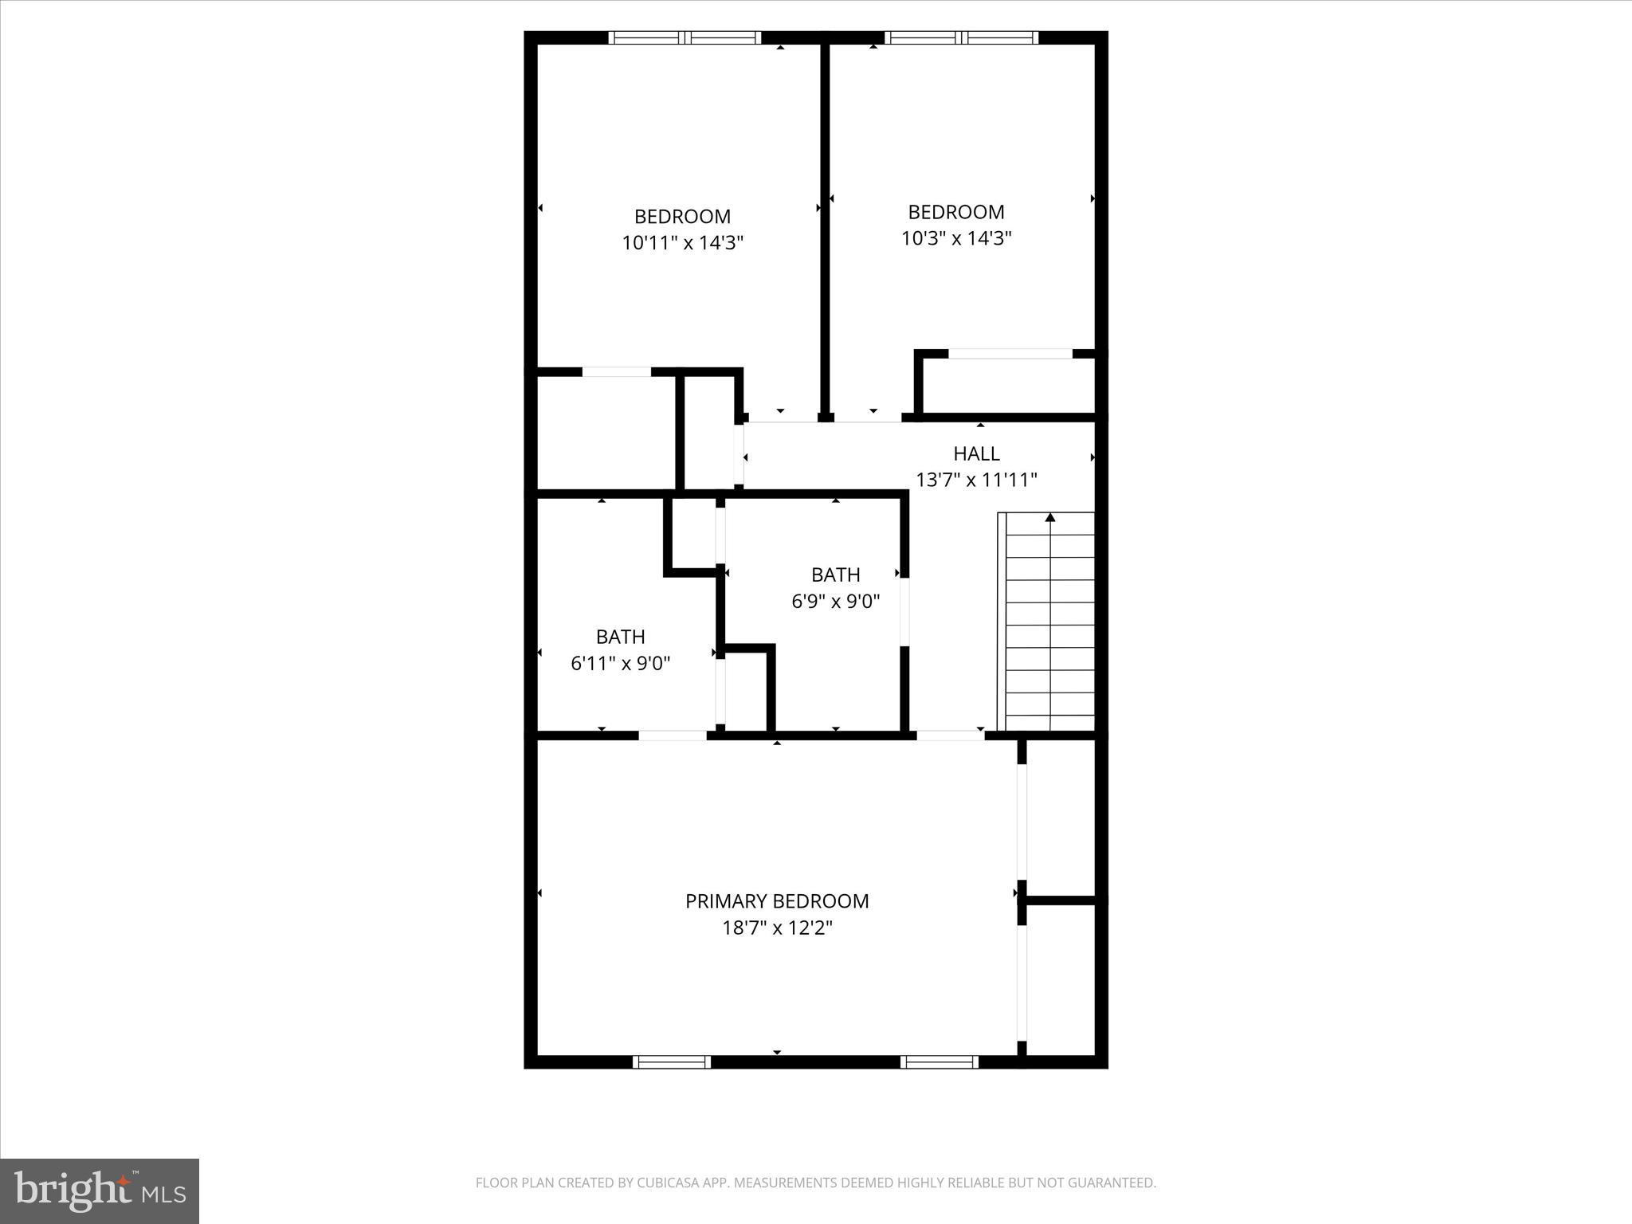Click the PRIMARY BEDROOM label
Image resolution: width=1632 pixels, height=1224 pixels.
tap(777, 901)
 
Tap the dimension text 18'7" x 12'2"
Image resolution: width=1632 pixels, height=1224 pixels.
tap(777, 928)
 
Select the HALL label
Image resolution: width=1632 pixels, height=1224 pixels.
tap(976, 453)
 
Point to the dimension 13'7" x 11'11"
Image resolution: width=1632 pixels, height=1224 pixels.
tap(976, 481)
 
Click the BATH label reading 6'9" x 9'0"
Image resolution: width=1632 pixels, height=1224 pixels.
tap(835, 575)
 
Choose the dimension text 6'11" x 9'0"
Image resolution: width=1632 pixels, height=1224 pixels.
tap(620, 664)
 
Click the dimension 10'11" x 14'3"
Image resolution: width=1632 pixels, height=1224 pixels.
tap(682, 243)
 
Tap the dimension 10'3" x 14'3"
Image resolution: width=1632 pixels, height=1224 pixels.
tap(956, 238)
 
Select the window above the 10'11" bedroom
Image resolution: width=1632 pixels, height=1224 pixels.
tap(685, 37)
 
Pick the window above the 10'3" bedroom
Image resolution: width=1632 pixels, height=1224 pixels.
tap(962, 37)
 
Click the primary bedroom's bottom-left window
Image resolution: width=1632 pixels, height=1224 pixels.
tap(671, 1061)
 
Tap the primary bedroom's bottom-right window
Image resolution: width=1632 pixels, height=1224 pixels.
tap(940, 1061)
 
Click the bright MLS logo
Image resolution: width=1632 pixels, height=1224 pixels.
tap(100, 1191)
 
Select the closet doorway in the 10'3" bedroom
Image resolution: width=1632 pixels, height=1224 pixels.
tap(1010, 354)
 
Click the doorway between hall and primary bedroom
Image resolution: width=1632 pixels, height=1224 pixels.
tap(950, 736)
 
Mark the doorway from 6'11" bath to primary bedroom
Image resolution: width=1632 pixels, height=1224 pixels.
tap(673, 736)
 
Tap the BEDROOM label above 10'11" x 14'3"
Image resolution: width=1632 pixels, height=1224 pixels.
tap(682, 217)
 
